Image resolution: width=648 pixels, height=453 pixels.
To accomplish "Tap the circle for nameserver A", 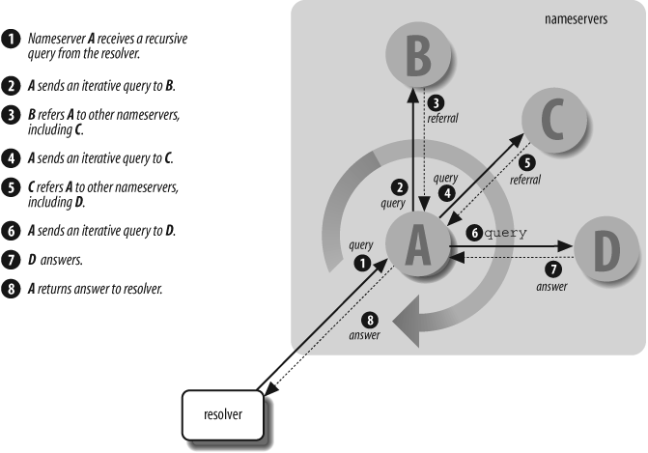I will (417, 247).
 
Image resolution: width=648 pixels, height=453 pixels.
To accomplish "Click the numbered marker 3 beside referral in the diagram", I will (437, 102).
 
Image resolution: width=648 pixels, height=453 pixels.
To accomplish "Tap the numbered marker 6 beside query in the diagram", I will (473, 233).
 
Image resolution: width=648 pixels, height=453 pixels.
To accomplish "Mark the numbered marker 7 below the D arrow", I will (552, 271).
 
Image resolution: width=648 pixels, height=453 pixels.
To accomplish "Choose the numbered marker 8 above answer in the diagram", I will (367, 320).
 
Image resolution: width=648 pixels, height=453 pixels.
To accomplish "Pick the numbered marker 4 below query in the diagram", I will (446, 193).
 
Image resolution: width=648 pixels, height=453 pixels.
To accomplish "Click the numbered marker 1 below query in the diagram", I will (363, 261).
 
